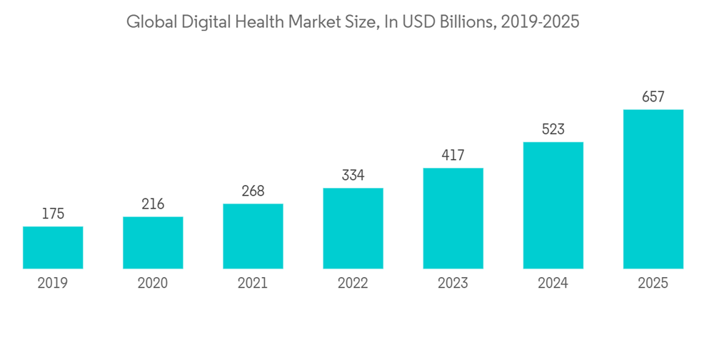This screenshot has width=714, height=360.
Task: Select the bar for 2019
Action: (x=53, y=248)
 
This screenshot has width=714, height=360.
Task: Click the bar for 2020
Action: (x=153, y=243)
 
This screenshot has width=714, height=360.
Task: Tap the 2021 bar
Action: (x=253, y=236)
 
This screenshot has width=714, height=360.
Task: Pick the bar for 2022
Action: (x=353, y=229)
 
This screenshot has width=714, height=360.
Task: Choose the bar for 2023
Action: (x=453, y=219)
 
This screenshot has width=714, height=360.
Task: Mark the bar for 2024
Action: (x=553, y=206)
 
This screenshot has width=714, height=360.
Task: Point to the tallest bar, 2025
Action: (x=653, y=189)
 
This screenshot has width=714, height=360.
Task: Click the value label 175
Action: (x=53, y=214)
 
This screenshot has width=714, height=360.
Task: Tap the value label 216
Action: (x=153, y=204)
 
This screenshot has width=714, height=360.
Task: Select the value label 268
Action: (x=253, y=191)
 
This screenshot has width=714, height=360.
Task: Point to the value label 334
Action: (x=353, y=176)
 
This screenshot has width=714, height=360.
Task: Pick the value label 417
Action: (x=453, y=155)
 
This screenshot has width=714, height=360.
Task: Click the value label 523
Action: (x=553, y=129)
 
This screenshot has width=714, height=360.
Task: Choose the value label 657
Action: (x=653, y=97)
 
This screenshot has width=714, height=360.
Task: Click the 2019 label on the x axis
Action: (x=53, y=284)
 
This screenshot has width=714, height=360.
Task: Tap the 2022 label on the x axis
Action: (x=353, y=284)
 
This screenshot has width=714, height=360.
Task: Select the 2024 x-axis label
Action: (x=553, y=284)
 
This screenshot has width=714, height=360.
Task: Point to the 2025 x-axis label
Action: (x=653, y=284)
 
